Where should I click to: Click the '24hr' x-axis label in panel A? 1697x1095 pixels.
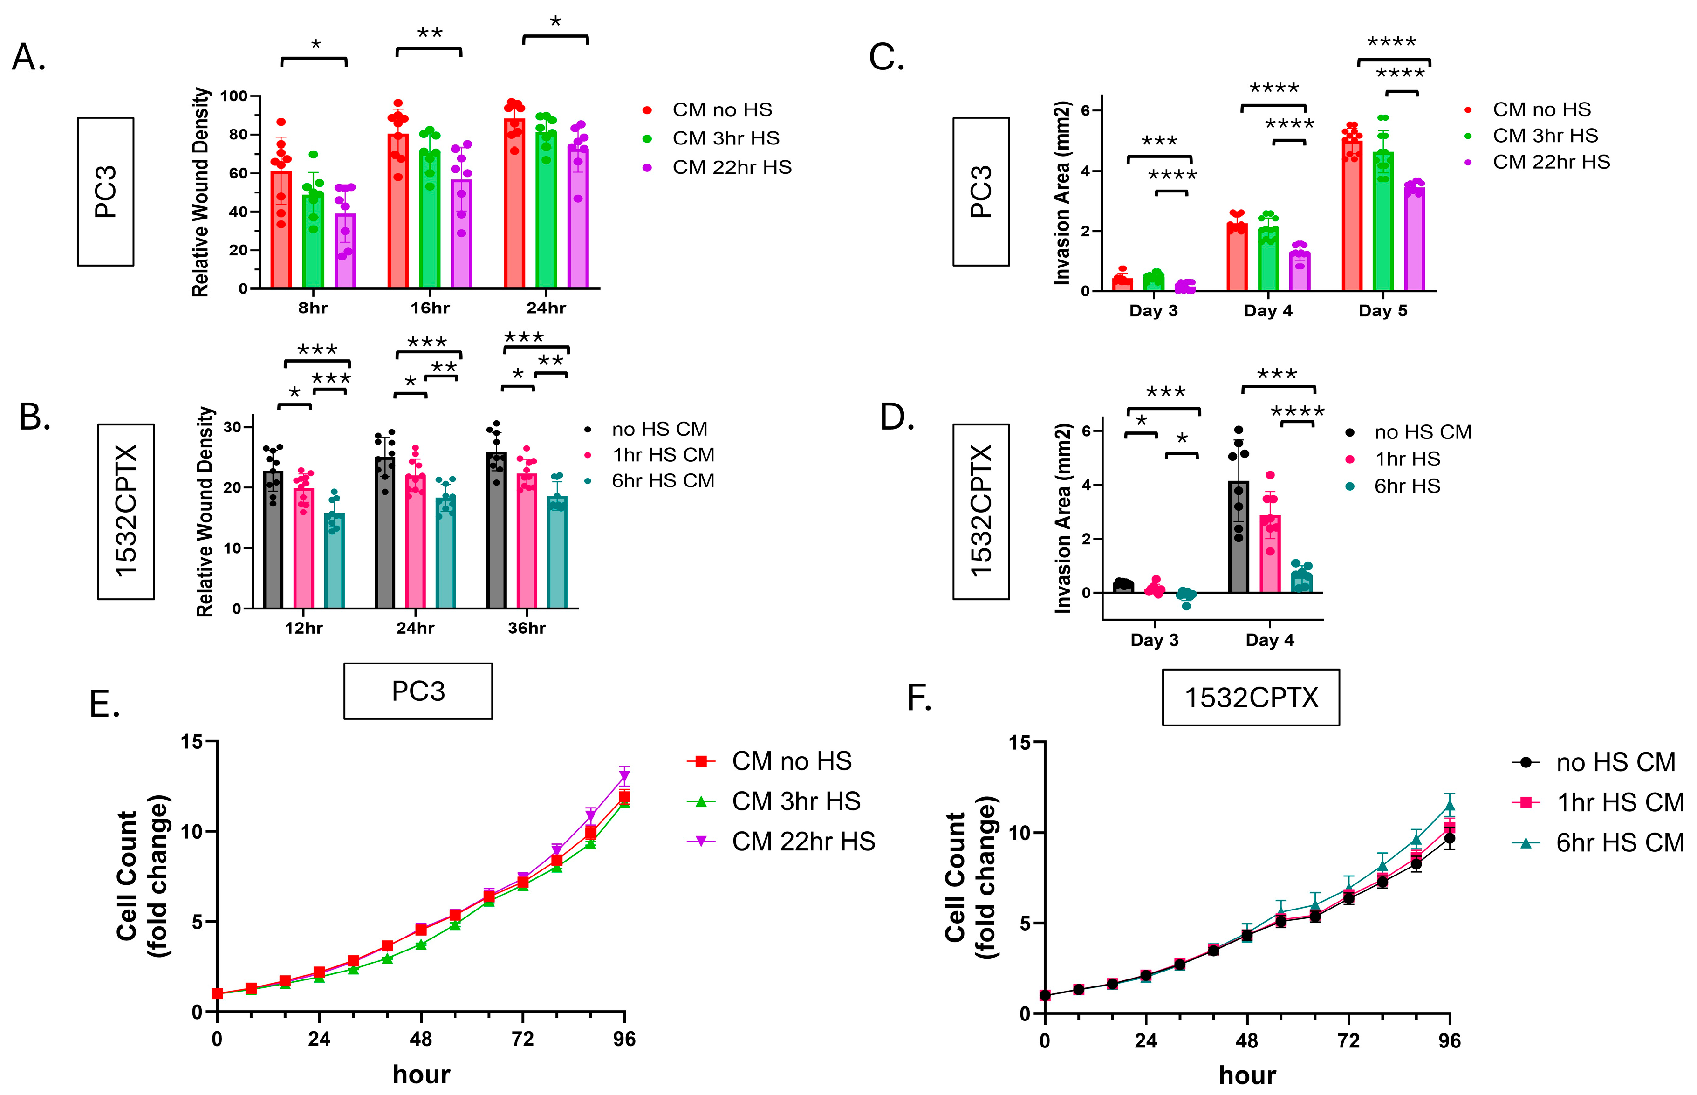tap(546, 308)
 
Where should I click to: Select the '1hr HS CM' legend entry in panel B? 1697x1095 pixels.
tap(663, 455)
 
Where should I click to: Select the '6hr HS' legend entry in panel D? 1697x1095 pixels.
tap(1406, 486)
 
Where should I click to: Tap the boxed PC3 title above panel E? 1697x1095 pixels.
tap(418, 691)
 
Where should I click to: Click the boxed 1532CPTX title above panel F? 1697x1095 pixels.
tap(1251, 698)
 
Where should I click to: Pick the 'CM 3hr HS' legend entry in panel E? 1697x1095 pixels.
tap(795, 801)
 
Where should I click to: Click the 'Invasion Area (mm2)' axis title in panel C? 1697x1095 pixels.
tap(1062, 193)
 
